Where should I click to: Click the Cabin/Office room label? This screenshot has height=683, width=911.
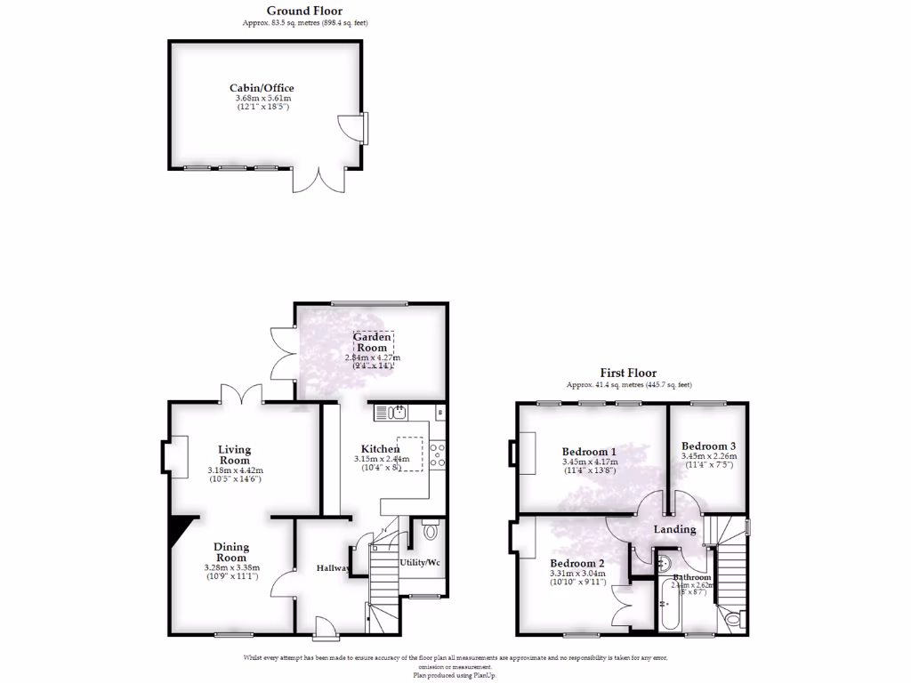262,88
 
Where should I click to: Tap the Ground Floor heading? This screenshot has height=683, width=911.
293,12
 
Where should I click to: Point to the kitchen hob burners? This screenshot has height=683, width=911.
438,455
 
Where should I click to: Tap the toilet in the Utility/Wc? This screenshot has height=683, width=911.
431,530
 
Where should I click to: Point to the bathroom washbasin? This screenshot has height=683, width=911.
664,561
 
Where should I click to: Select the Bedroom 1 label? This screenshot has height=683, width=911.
590,452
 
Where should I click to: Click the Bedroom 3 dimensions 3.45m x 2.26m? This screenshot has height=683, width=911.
708,456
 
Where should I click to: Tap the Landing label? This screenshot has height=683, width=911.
675,529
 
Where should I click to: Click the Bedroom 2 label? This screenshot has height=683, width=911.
576,564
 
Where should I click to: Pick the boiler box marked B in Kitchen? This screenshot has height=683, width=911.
439,413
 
